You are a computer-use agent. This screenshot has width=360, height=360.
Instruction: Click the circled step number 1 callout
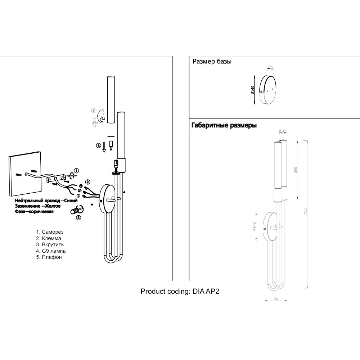click(76, 171)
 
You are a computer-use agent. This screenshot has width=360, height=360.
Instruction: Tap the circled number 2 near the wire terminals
click(87, 182)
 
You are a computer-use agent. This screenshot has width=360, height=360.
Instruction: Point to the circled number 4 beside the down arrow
click(98, 146)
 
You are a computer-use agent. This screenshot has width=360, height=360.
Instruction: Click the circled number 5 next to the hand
click(94, 111)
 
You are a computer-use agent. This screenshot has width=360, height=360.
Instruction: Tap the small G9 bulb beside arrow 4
click(111, 146)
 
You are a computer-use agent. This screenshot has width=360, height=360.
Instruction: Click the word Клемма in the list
click(51, 238)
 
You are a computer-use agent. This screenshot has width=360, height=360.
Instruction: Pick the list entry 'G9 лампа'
click(54, 251)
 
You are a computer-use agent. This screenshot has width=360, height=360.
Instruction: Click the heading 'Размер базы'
click(212, 62)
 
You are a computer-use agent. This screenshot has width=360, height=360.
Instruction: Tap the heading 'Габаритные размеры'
click(224, 126)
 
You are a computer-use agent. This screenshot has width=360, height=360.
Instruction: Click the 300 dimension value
click(296, 170)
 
